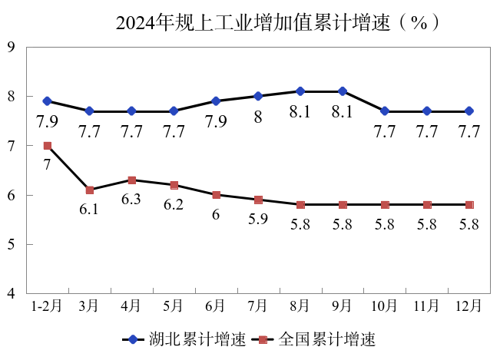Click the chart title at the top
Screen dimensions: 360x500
[278, 22]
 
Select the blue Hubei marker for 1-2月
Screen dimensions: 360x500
[48, 101]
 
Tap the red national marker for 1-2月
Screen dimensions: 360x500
[48, 146]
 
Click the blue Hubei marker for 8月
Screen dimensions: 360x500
[300, 91]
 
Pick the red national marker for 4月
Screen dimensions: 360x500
[132, 180]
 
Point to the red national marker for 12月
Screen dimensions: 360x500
[469, 205]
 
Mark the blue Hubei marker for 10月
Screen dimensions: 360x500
[385, 111]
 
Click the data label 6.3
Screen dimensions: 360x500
[131, 200]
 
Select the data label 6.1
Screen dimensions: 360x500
[89, 210]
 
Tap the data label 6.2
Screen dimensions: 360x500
[174, 205]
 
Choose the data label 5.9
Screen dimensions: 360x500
[258, 220]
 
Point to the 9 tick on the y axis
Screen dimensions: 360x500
[12, 47]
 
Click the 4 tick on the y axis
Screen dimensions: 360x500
[12, 294]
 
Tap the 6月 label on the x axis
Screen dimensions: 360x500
[216, 306]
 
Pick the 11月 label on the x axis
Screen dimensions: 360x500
[427, 306]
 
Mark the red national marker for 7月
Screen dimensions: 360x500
[258, 200]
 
